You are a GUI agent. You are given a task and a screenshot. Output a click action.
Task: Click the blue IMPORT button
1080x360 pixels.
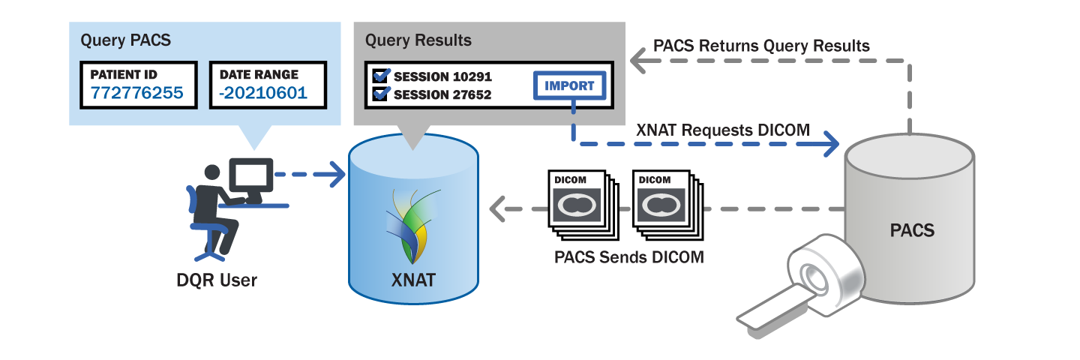(569, 85)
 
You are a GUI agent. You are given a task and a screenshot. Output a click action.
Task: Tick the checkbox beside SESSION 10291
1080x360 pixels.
(381, 76)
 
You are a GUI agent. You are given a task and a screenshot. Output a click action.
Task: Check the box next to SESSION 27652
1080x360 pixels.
(381, 94)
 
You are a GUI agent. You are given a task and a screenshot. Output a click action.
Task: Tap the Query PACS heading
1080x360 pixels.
(125, 40)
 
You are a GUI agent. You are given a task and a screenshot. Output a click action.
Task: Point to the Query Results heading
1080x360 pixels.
(418, 40)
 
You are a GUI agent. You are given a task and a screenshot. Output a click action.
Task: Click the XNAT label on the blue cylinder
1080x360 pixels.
(412, 281)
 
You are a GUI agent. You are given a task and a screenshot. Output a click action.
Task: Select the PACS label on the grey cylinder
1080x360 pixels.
(912, 229)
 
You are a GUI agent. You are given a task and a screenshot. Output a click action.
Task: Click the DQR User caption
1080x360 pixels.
(212, 280)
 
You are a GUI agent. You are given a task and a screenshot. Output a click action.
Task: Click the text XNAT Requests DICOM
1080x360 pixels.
(722, 130)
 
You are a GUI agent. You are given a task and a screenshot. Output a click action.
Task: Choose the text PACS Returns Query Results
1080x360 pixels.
(761, 46)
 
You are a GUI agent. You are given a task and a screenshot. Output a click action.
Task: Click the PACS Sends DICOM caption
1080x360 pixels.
(629, 257)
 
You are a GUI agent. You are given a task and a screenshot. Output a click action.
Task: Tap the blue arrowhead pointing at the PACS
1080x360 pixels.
(830, 142)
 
